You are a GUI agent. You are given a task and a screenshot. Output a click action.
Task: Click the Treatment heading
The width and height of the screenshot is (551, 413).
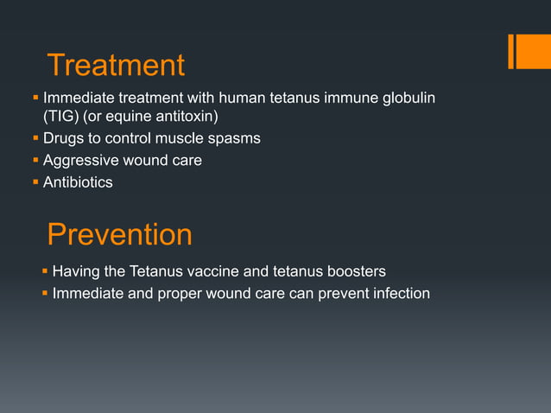tap(116, 66)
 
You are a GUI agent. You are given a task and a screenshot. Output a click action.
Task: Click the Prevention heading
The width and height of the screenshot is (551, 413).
tap(119, 235)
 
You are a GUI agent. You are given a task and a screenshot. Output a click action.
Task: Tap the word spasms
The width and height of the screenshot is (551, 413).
tap(234, 138)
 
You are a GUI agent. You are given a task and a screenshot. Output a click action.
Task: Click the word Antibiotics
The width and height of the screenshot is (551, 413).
tap(78, 181)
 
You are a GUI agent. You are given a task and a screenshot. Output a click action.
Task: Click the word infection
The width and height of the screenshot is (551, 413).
tap(396, 294)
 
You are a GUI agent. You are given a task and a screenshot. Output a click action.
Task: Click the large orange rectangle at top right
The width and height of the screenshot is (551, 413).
tap(528, 51)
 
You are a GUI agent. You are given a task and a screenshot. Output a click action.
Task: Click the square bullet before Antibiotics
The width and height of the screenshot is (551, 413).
tap(35, 181)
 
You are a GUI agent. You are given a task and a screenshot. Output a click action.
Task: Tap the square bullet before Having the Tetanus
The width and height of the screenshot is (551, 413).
tap(45, 272)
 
